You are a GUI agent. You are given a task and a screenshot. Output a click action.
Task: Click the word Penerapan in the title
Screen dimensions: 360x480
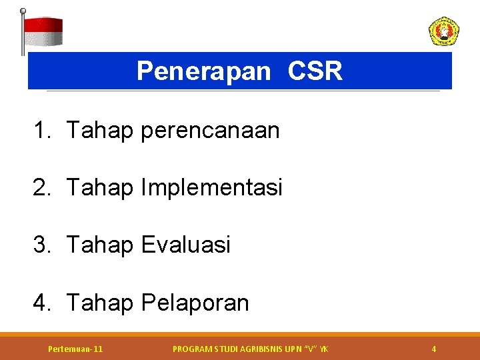203,71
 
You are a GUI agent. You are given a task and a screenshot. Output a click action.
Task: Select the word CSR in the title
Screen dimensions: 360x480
315,71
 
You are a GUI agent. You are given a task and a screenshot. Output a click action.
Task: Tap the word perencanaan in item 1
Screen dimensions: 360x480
210,131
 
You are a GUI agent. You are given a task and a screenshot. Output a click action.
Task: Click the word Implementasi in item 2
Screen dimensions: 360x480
211,188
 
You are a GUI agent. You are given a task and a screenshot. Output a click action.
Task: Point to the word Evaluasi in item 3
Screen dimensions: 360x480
185,245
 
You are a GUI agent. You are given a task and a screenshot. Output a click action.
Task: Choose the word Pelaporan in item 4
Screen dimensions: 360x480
195,303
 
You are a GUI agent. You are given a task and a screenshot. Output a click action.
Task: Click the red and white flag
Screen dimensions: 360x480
43,31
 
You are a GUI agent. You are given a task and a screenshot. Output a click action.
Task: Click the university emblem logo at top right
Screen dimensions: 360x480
443,31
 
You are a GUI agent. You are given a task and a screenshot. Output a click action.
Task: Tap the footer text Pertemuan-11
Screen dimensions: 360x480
75,349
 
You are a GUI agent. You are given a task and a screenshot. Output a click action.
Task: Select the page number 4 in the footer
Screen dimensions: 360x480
434,349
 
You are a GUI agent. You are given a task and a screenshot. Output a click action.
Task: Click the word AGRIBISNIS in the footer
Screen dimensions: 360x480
255,349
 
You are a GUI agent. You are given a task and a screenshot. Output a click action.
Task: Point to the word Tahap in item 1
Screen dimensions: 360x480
100,131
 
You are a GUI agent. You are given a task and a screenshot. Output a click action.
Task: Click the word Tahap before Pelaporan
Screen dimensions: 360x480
100,303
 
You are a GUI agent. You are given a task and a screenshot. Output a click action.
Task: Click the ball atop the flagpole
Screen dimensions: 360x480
23,11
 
